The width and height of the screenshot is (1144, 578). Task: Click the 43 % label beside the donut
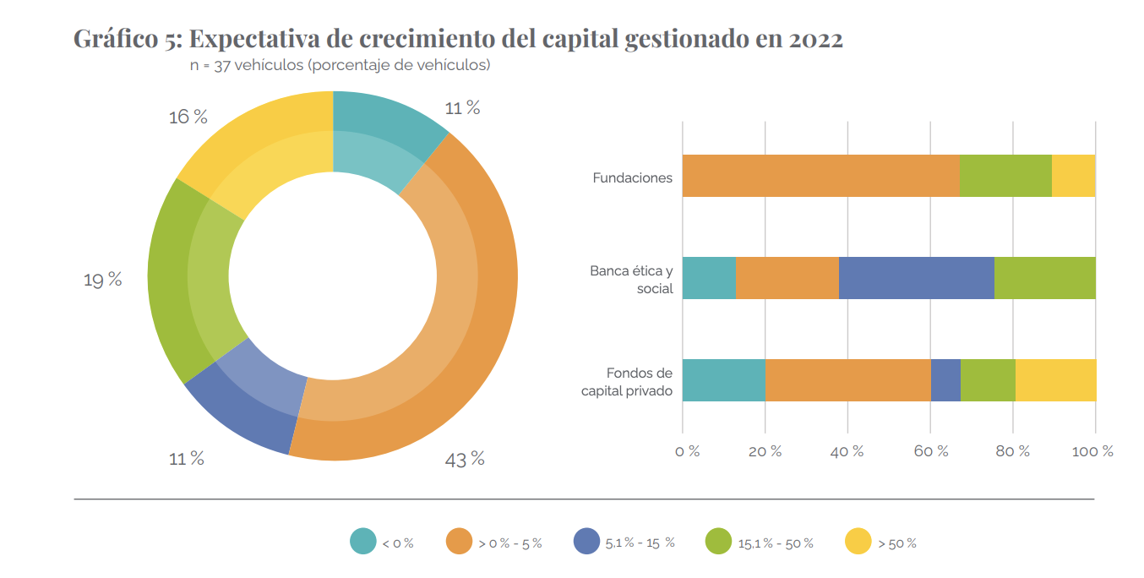(x=464, y=459)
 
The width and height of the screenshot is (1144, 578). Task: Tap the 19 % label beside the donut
(x=102, y=280)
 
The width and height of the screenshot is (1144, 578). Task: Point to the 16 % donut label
(x=188, y=117)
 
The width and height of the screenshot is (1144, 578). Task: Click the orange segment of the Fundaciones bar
(x=820, y=176)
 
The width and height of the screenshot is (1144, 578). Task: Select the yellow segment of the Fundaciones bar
(x=1073, y=176)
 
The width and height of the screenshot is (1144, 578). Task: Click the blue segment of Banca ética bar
(x=916, y=277)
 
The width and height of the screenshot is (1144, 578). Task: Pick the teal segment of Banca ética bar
(x=709, y=277)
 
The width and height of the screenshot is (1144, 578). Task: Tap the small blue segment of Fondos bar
(x=945, y=379)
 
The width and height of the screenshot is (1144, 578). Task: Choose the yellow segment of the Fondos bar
(x=1055, y=379)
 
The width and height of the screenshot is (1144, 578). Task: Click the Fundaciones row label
(x=632, y=177)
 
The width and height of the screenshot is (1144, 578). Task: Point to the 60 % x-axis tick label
(x=929, y=451)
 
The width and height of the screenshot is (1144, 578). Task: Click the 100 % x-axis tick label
(x=1092, y=451)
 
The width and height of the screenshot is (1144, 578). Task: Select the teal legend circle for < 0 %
(x=363, y=542)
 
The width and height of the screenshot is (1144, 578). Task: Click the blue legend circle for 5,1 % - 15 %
(x=586, y=542)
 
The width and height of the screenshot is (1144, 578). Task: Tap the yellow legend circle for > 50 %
(x=858, y=542)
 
